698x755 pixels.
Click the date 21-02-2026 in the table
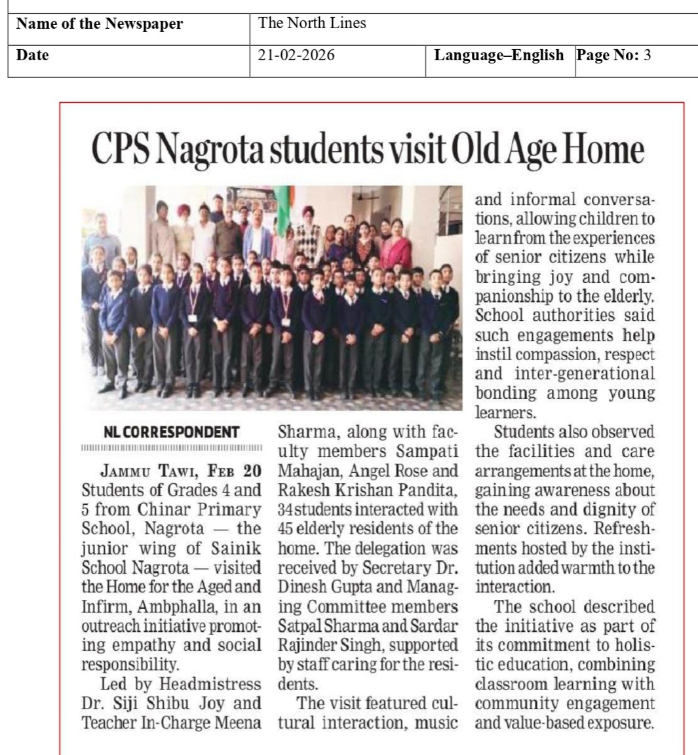(296, 56)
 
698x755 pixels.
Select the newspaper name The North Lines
(312, 24)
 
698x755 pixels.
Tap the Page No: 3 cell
(613, 56)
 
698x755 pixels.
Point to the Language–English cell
(499, 56)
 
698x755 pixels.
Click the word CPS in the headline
(122, 150)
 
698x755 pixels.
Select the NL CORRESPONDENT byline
(172, 432)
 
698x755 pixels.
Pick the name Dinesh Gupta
(308, 568)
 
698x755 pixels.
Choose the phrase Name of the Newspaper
(100, 24)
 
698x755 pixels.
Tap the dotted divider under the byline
(172, 448)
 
